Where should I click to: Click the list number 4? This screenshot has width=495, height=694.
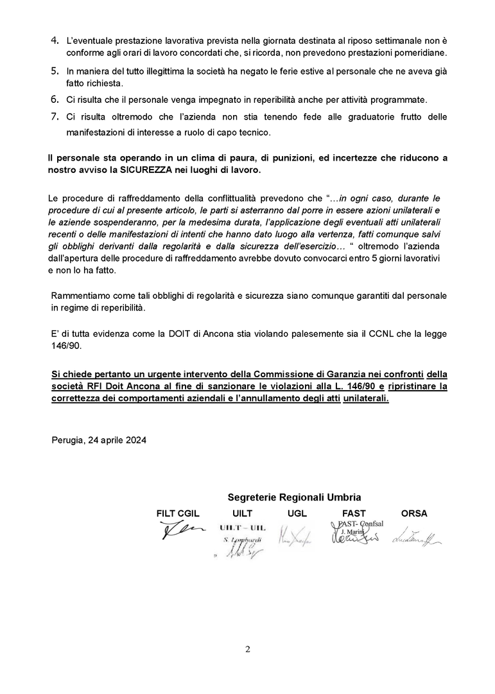(55, 40)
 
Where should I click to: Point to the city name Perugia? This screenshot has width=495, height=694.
(68, 440)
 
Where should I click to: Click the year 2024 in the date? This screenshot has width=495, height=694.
(135, 440)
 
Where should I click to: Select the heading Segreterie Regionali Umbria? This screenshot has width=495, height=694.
(294, 497)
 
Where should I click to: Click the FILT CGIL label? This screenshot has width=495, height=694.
(178, 513)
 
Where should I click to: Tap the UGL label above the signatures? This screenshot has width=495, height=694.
(297, 513)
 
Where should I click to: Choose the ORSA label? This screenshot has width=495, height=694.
(414, 513)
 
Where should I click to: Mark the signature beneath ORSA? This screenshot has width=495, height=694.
(416, 534)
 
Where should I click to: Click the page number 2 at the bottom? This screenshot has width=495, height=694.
(248, 649)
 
